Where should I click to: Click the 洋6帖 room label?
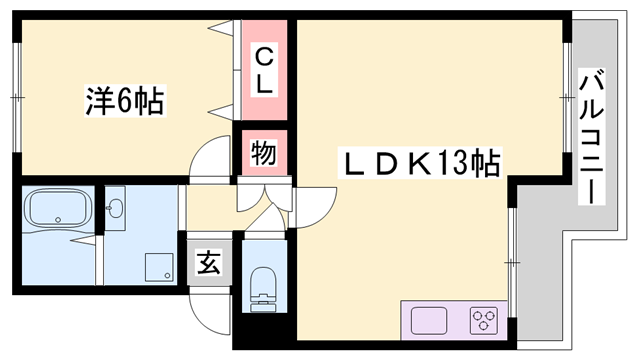124,101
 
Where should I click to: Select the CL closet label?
263,70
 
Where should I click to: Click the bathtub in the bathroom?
58,209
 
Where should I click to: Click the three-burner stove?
484,322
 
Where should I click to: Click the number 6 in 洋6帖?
125,101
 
